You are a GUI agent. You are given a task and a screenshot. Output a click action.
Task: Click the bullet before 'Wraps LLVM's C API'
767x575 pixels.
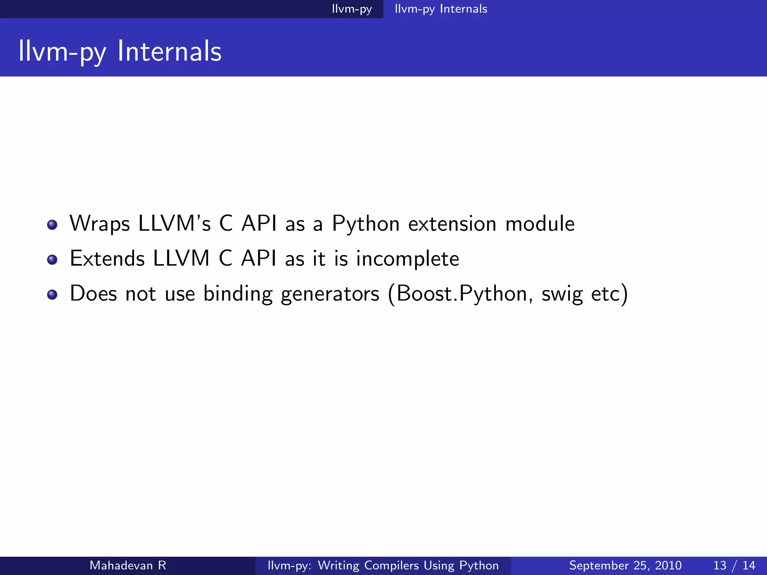click(52, 225)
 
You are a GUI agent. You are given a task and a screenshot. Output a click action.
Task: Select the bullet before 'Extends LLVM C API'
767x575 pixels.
click(52, 259)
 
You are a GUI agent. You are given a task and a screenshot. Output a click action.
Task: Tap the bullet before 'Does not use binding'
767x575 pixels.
click(52, 295)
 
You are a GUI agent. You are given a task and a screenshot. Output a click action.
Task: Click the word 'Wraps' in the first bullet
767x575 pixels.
click(100, 224)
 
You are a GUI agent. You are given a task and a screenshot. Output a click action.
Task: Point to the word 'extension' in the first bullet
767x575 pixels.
click(452, 224)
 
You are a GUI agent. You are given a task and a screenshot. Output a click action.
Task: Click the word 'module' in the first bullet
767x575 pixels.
click(540, 224)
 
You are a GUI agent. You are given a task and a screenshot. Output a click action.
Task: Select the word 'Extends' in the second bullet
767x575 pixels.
click(107, 259)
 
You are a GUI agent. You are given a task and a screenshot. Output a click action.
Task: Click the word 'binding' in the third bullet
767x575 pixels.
click(238, 294)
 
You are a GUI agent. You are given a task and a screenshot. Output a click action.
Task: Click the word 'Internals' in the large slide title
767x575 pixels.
click(169, 51)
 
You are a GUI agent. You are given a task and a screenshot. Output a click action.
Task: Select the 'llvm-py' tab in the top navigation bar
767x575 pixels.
click(352, 9)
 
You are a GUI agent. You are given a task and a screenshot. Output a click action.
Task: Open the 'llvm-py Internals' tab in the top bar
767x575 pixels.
click(441, 9)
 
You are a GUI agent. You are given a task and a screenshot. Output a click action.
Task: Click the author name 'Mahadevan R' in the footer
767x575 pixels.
click(128, 565)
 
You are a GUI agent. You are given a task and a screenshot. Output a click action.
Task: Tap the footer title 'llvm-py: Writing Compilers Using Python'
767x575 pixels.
click(383, 565)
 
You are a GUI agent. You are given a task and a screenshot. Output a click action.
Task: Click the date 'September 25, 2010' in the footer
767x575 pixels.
click(625, 565)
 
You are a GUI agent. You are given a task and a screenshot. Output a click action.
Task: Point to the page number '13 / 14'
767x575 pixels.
click(734, 565)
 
